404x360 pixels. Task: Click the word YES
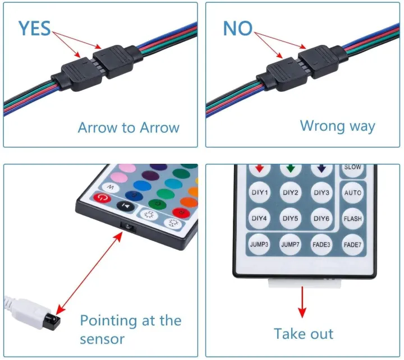click(x=34, y=28)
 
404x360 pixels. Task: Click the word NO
click(x=238, y=28)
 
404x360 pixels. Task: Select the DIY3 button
click(x=322, y=193)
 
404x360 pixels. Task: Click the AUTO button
click(x=353, y=193)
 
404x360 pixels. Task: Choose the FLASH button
click(x=353, y=218)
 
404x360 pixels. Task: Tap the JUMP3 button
click(x=260, y=244)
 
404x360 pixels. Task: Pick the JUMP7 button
click(x=291, y=244)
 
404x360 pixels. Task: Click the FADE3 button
click(x=322, y=244)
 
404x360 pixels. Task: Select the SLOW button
click(x=353, y=167)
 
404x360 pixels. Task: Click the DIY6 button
click(x=322, y=218)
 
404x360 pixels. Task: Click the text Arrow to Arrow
click(x=128, y=127)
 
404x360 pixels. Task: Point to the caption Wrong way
click(x=337, y=125)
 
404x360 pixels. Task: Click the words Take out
click(x=304, y=334)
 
